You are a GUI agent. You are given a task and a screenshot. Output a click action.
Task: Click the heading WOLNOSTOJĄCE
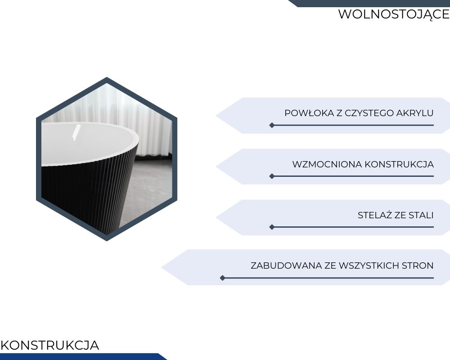394,14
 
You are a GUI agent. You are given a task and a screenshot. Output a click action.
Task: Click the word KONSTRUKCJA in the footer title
50,345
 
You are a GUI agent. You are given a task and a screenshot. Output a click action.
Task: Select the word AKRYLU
415,113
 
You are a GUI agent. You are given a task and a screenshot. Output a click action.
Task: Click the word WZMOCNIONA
327,164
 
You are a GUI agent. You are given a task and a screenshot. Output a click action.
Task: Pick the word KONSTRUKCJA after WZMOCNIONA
399,164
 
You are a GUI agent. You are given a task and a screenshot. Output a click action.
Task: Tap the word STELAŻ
375,215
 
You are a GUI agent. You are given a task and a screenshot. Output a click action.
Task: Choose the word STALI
421,215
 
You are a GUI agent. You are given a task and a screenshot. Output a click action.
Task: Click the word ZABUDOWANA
286,265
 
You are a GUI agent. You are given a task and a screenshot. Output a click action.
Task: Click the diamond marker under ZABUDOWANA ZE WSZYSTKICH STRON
222,278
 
